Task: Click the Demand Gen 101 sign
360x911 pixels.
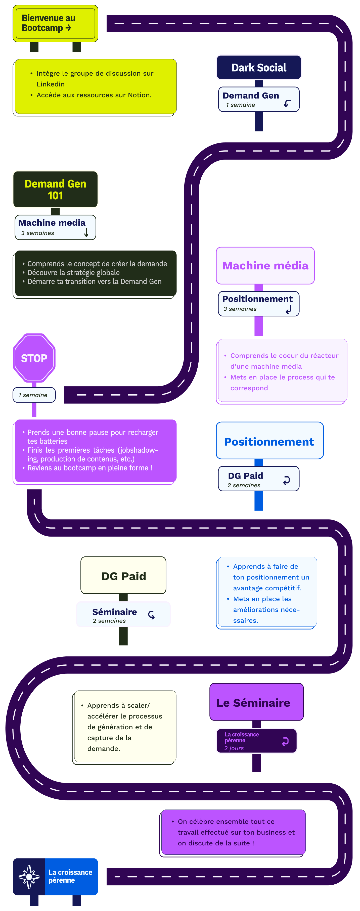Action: [x=56, y=189]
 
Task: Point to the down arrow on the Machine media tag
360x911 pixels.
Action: [x=86, y=232]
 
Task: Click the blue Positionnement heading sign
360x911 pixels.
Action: [x=269, y=441]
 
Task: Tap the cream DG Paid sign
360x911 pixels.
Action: [x=123, y=576]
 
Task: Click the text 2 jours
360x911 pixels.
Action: [x=234, y=748]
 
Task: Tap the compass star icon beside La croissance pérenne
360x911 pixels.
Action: [x=29, y=876]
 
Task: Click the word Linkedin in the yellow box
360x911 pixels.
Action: [x=51, y=84]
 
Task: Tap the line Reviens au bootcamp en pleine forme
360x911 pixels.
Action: [x=89, y=467]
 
